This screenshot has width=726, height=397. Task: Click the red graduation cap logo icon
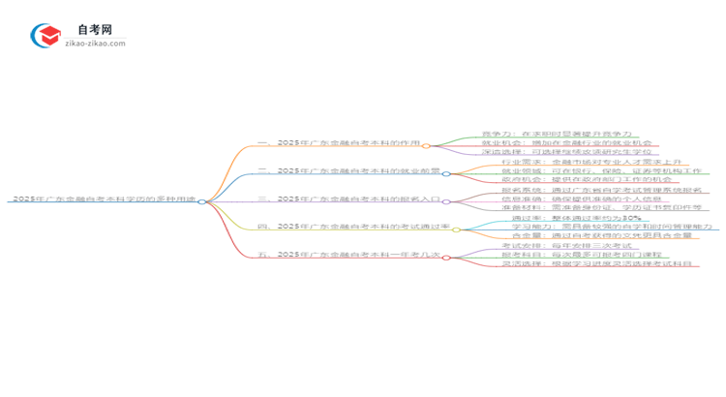coord(46,37)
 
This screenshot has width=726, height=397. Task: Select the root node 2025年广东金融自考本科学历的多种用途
coord(104,198)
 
